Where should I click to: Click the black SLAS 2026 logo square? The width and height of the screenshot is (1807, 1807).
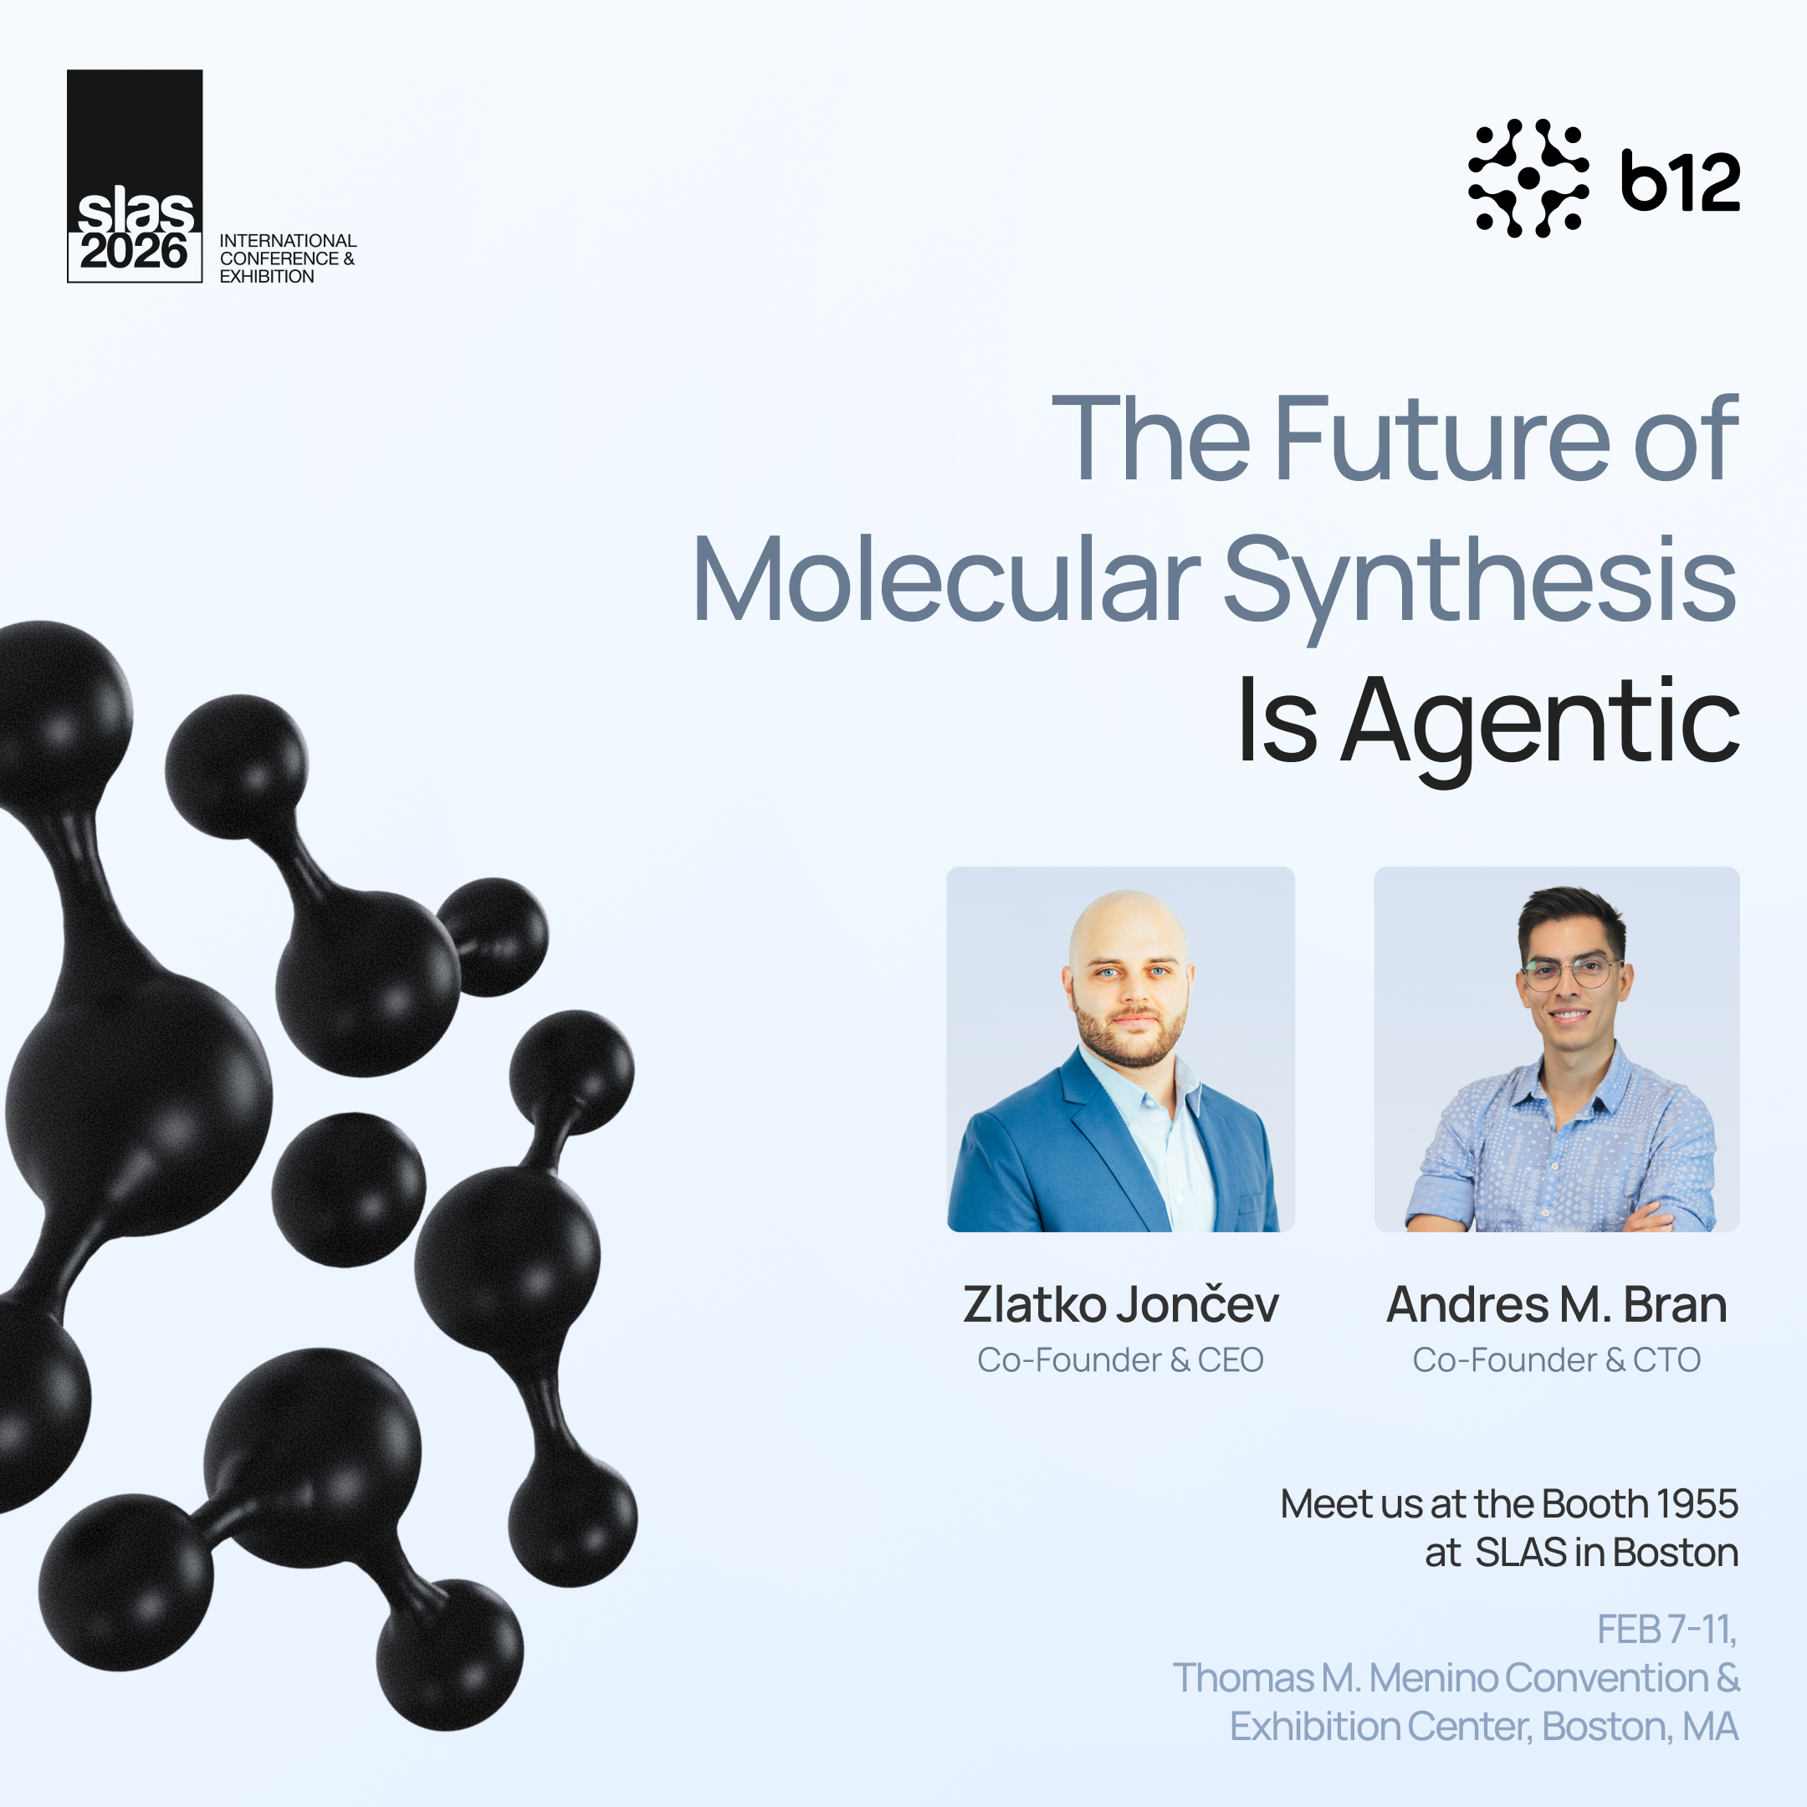[135, 176]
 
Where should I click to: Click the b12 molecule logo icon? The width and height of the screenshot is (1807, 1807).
[1528, 177]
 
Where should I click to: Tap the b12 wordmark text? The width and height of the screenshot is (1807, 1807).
[1680, 182]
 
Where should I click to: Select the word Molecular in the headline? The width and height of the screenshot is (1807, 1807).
[945, 580]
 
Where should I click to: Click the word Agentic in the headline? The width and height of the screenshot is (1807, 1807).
[1539, 722]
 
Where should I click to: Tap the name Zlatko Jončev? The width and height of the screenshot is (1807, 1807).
[1120, 1305]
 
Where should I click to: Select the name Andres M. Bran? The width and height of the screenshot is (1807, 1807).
[1556, 1305]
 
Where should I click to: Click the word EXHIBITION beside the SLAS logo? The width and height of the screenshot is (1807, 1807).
[267, 277]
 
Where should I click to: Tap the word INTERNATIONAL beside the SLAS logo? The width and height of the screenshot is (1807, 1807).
[288, 241]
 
